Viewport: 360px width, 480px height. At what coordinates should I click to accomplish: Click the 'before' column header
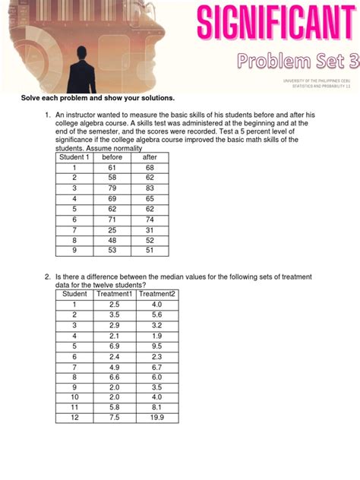(112, 157)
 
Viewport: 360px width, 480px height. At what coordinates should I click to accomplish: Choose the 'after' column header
(150, 157)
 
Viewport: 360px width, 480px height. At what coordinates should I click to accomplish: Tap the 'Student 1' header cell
(74, 157)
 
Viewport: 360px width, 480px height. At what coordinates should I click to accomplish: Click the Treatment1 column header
(115, 294)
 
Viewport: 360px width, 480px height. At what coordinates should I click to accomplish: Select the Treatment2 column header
(157, 294)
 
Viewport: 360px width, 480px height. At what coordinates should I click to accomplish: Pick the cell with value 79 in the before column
(112, 188)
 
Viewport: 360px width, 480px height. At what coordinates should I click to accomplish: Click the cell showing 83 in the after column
(150, 188)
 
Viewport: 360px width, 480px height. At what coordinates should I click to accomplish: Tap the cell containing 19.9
(157, 417)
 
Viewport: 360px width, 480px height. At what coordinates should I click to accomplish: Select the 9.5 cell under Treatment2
(157, 345)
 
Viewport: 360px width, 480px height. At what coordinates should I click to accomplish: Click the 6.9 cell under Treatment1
(115, 345)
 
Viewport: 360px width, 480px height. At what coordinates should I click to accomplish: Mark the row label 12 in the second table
(74, 417)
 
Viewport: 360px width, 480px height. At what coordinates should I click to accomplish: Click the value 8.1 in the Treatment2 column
(157, 406)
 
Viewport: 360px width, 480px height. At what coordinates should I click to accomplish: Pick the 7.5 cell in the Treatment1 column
(115, 417)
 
